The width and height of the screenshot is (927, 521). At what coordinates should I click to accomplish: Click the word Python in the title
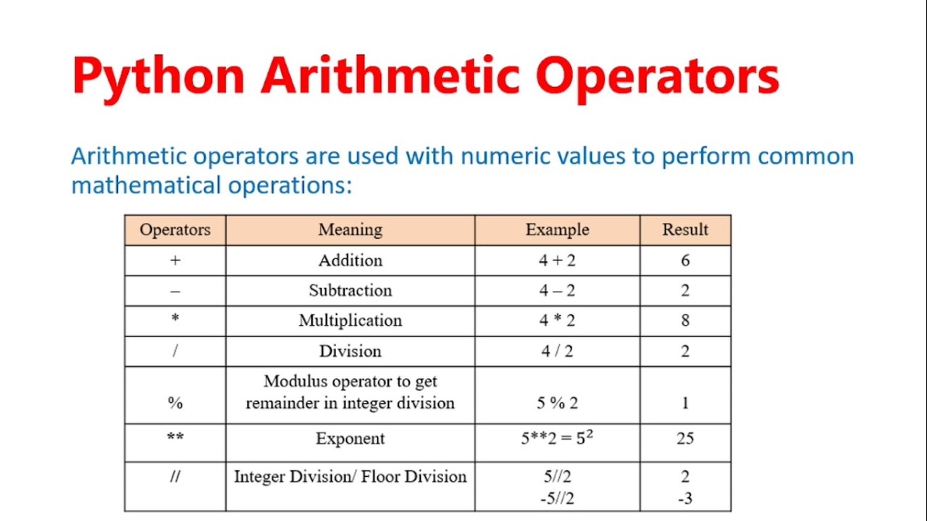158,75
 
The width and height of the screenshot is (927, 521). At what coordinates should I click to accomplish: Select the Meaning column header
350,230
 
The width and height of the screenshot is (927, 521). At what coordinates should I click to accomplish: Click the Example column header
557,230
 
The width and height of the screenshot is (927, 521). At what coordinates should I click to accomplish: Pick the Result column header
685,230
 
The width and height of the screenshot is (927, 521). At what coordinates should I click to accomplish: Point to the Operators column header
175,230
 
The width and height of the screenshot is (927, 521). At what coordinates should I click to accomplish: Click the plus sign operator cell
175,260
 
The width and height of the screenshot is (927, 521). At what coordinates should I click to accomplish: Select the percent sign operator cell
175,403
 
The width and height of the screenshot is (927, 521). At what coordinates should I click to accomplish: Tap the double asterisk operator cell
175,439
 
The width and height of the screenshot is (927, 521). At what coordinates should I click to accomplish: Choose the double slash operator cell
175,477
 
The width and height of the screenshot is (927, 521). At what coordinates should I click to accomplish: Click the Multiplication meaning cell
350,321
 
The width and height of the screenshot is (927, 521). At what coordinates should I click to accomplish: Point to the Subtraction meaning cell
350,290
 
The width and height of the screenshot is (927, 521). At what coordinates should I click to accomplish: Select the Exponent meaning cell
350,439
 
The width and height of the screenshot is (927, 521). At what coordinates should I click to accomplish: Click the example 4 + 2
557,260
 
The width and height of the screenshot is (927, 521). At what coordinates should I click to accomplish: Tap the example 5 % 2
557,403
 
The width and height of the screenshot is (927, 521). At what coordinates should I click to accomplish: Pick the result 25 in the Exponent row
685,439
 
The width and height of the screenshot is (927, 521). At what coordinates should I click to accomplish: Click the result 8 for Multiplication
685,321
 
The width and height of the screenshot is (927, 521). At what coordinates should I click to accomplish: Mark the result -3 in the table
685,499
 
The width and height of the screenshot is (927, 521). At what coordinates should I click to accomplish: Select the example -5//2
557,499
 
